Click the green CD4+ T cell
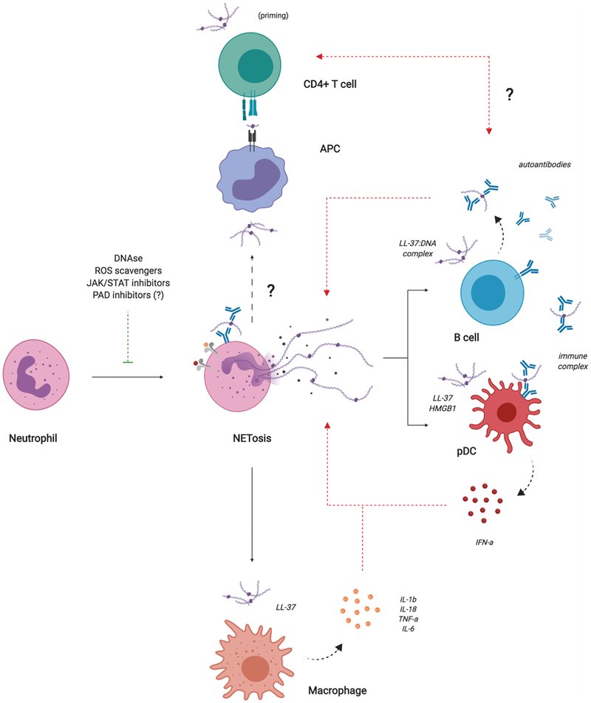pos(250,66)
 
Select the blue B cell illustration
pos(492,293)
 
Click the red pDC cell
pos(505,414)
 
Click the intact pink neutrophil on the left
pos(36,375)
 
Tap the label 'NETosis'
pos(252,438)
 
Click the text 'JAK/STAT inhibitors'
pos(128,283)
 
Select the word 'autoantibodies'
pos(544,165)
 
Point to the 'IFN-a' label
pos(485,542)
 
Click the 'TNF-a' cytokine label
pos(409,619)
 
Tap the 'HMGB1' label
pos(443,408)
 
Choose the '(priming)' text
pos(273,16)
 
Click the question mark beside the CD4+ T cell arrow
pos(509,94)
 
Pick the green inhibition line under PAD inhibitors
pos(128,337)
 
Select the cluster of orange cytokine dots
pos(359,608)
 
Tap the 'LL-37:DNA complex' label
pos(417,248)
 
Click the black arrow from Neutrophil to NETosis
pos(127,377)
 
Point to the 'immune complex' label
pos(573,361)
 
